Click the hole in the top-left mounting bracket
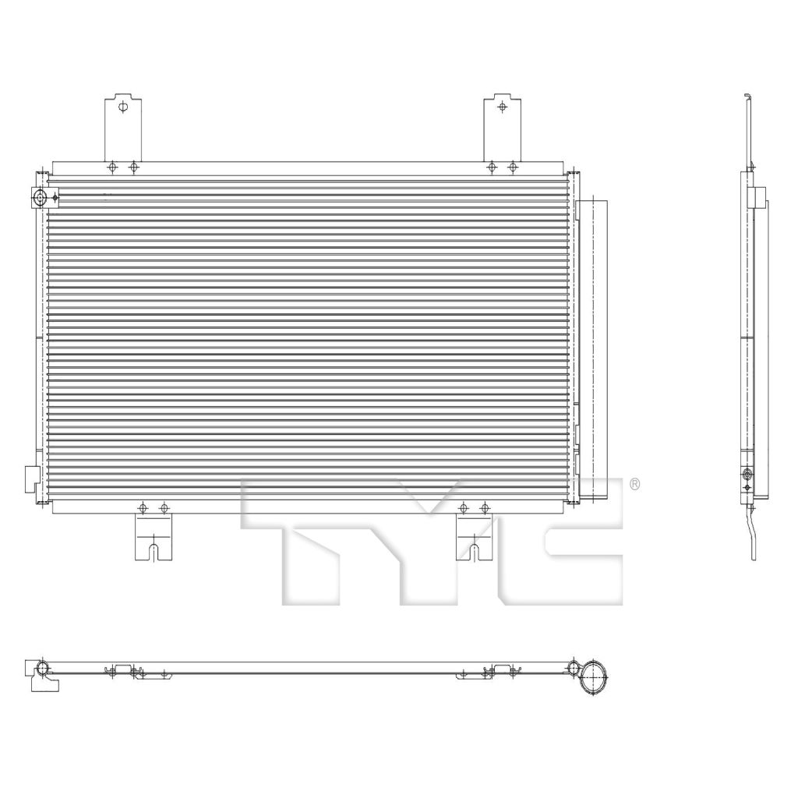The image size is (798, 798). pos(122,107)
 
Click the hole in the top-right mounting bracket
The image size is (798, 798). pos(503,107)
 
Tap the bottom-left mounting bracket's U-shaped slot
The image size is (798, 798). pos(154,553)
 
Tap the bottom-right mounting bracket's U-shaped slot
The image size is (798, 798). pos(475,553)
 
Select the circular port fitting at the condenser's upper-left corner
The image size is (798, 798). pos(40,197)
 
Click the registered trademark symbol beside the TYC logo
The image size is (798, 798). pos(634,484)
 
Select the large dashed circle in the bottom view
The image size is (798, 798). pos(595,678)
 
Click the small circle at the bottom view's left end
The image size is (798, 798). pos(44,668)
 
